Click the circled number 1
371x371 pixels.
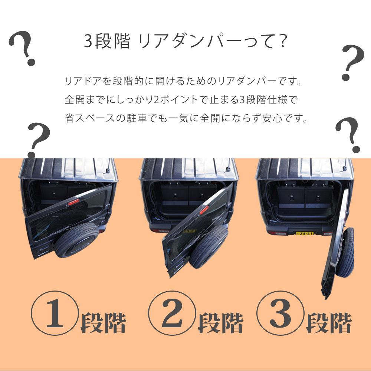(x=55, y=313)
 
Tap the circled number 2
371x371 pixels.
(x=172, y=313)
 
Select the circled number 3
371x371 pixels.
(x=280, y=313)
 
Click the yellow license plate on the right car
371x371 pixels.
(x=305, y=233)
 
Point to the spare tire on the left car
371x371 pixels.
(x=76, y=240)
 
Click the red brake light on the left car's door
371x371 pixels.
(x=74, y=202)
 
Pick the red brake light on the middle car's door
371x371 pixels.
(x=204, y=210)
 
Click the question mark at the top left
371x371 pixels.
(x=23, y=48)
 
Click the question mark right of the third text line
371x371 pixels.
(x=348, y=135)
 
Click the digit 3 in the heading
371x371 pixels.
(x=88, y=41)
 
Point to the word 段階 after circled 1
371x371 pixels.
(x=103, y=323)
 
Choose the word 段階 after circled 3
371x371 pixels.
(x=329, y=323)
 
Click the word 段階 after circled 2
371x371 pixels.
(x=220, y=323)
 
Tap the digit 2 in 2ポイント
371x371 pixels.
(x=156, y=99)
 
